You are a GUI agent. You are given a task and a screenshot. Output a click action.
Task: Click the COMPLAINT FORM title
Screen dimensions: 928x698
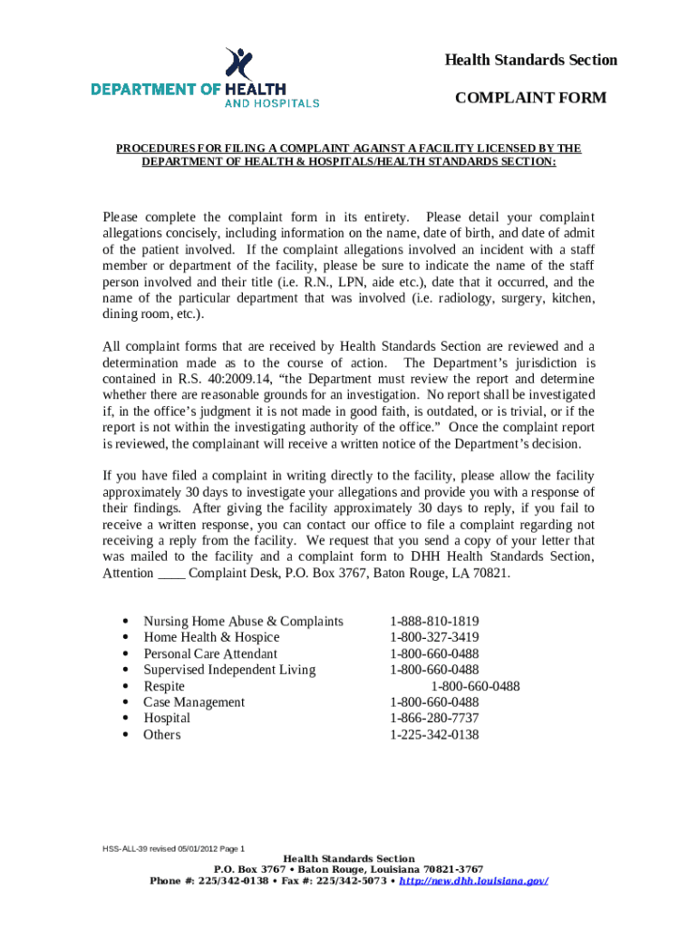pyautogui.click(x=530, y=98)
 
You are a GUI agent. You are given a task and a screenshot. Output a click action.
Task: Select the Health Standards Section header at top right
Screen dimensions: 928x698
pyautogui.click(x=530, y=60)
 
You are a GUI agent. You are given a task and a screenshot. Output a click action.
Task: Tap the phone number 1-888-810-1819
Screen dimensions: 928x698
pyautogui.click(x=434, y=621)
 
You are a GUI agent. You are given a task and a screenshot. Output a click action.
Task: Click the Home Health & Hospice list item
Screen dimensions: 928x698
pyautogui.click(x=211, y=637)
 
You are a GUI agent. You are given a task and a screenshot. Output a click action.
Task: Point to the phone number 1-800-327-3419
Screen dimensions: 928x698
pyautogui.click(x=434, y=637)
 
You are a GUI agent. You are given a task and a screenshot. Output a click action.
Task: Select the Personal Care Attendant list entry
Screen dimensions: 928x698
pyautogui.click(x=210, y=653)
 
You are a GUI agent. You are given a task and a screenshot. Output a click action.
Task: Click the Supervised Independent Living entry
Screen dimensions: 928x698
pyautogui.click(x=229, y=670)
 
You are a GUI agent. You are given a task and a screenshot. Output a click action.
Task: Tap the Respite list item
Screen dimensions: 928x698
pyautogui.click(x=163, y=686)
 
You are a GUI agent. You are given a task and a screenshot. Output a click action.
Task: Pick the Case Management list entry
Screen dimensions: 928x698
pyautogui.click(x=194, y=702)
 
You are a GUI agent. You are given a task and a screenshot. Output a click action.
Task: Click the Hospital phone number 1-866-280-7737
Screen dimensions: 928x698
pyautogui.click(x=434, y=718)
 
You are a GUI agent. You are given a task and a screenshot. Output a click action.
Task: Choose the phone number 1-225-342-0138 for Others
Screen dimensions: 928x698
pyautogui.click(x=434, y=734)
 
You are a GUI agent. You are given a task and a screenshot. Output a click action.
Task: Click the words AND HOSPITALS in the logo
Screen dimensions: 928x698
pyautogui.click(x=272, y=103)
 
